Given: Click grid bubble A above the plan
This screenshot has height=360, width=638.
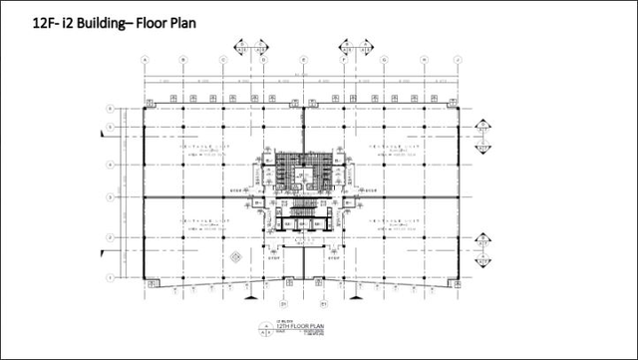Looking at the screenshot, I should click(145, 60).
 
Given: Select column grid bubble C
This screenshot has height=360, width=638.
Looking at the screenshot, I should click(223, 60).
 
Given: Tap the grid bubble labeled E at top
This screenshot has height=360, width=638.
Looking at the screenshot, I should click(303, 60).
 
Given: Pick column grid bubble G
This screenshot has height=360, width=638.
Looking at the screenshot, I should click(383, 60).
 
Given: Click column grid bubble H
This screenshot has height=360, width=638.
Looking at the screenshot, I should click(423, 60).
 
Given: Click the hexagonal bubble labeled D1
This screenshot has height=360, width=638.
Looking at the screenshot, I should click(283, 301).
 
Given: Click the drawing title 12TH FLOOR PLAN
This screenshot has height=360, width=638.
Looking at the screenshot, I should click(303, 328).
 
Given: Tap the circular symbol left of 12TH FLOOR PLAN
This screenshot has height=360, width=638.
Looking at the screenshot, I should click(264, 330).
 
